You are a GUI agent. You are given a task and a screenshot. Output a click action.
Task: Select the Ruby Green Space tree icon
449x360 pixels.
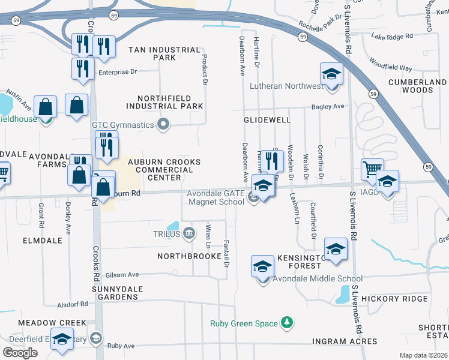click(x=288, y=323)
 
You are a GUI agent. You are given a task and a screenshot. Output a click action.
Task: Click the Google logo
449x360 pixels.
click(x=20, y=352)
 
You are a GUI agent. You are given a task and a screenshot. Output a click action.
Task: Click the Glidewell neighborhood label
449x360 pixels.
click(x=267, y=120)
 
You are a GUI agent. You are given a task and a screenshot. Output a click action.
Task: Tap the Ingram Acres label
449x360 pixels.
click(x=345, y=342)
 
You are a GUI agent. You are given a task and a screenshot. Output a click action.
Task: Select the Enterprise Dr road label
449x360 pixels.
click(x=118, y=72)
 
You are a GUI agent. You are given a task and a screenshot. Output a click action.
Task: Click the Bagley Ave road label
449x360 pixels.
click(x=328, y=107)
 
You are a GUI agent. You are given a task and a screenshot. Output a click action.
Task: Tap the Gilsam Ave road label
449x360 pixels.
click(x=122, y=275)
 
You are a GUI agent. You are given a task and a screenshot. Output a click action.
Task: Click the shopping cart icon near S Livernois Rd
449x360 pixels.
click(x=372, y=169)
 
